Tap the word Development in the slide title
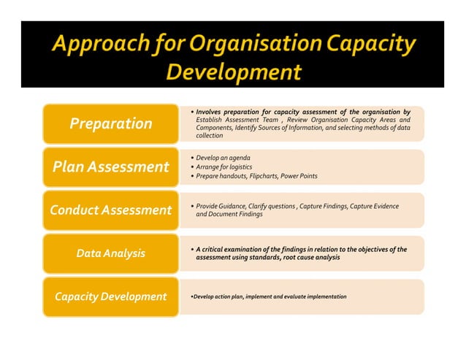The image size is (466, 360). (233, 72)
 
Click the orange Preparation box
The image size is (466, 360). (110, 123)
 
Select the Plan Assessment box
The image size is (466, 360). (110, 166)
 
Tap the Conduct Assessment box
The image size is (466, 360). (110, 210)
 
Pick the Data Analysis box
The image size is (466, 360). (110, 253)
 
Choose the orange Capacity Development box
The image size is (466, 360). (110, 296)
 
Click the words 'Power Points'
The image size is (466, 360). (302, 176)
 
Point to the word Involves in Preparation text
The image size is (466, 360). (210, 111)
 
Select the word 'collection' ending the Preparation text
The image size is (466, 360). (210, 136)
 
